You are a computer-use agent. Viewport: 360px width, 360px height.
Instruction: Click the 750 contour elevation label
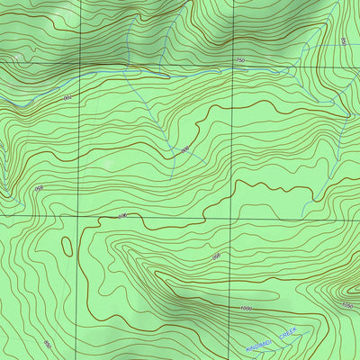[238, 60]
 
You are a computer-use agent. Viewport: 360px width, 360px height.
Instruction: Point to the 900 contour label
[123, 217]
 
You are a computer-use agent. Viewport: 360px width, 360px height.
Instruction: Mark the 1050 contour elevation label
[346, 306]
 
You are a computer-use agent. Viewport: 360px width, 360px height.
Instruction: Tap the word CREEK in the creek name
[288, 333]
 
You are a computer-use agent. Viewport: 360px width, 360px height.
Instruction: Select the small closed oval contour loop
[67, 245]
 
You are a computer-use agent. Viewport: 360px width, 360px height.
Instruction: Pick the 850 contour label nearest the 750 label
[343, 41]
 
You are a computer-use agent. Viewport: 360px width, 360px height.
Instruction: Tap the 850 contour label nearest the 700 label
[39, 188]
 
